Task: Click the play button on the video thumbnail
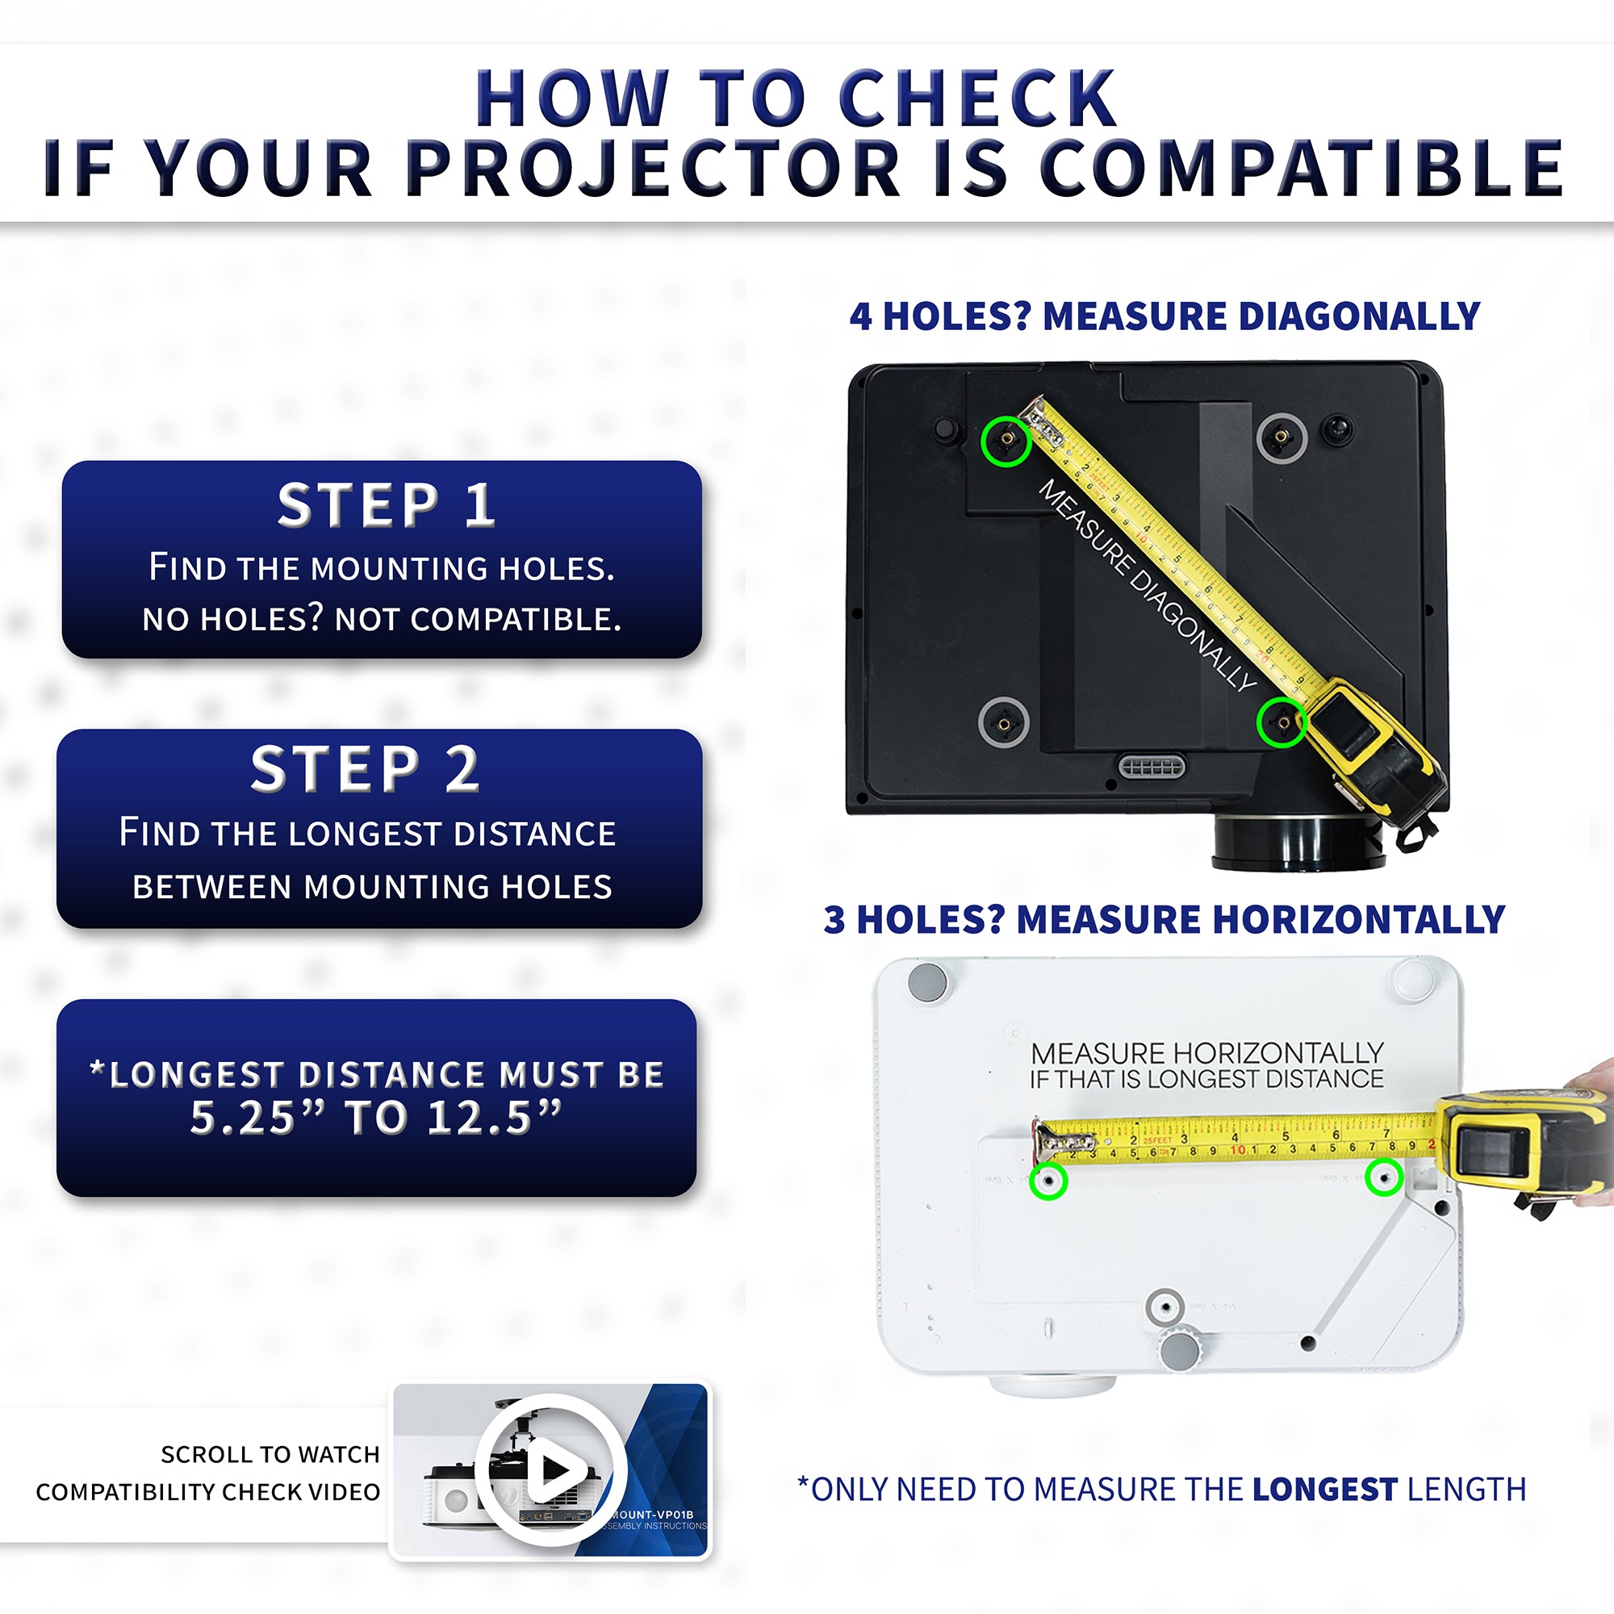coord(551,1469)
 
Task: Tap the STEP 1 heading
coord(385,505)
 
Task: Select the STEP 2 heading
coord(365,769)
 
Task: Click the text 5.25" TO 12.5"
coord(375,1117)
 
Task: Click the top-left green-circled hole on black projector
coord(1006,441)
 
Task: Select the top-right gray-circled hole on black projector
coord(1281,437)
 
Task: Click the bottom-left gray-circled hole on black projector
coord(1002,720)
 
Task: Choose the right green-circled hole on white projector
coord(1383,1178)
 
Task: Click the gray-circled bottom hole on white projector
coord(1165,1307)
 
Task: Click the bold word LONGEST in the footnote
coord(1325,1490)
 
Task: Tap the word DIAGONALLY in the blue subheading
coord(1359,316)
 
